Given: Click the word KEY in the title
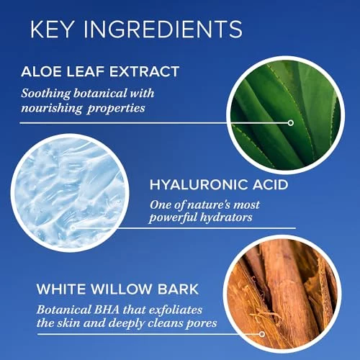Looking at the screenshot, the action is pyautogui.click(x=52, y=29).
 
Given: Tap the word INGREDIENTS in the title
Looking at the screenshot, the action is pyautogui.click(x=163, y=29).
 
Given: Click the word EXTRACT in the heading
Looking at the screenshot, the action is pyautogui.click(x=145, y=71).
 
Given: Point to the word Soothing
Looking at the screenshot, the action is pyautogui.click(x=46, y=94).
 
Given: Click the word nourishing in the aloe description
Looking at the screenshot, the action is pyautogui.click(x=52, y=109).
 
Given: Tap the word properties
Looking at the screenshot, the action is pyautogui.click(x=116, y=109).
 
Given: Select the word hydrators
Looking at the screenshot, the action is pyautogui.click(x=226, y=217).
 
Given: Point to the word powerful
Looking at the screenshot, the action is pyautogui.click(x=173, y=218).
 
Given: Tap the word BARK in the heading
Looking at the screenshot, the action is pyautogui.click(x=178, y=289).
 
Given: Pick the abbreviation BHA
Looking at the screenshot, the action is pyautogui.click(x=107, y=310).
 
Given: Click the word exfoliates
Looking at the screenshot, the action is pyautogui.click(x=176, y=310).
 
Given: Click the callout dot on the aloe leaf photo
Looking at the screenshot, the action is pyautogui.click(x=291, y=123).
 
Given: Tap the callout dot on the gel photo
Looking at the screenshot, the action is pyautogui.click(x=73, y=228).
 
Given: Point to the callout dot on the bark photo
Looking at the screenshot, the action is pyautogui.click(x=262, y=334).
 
